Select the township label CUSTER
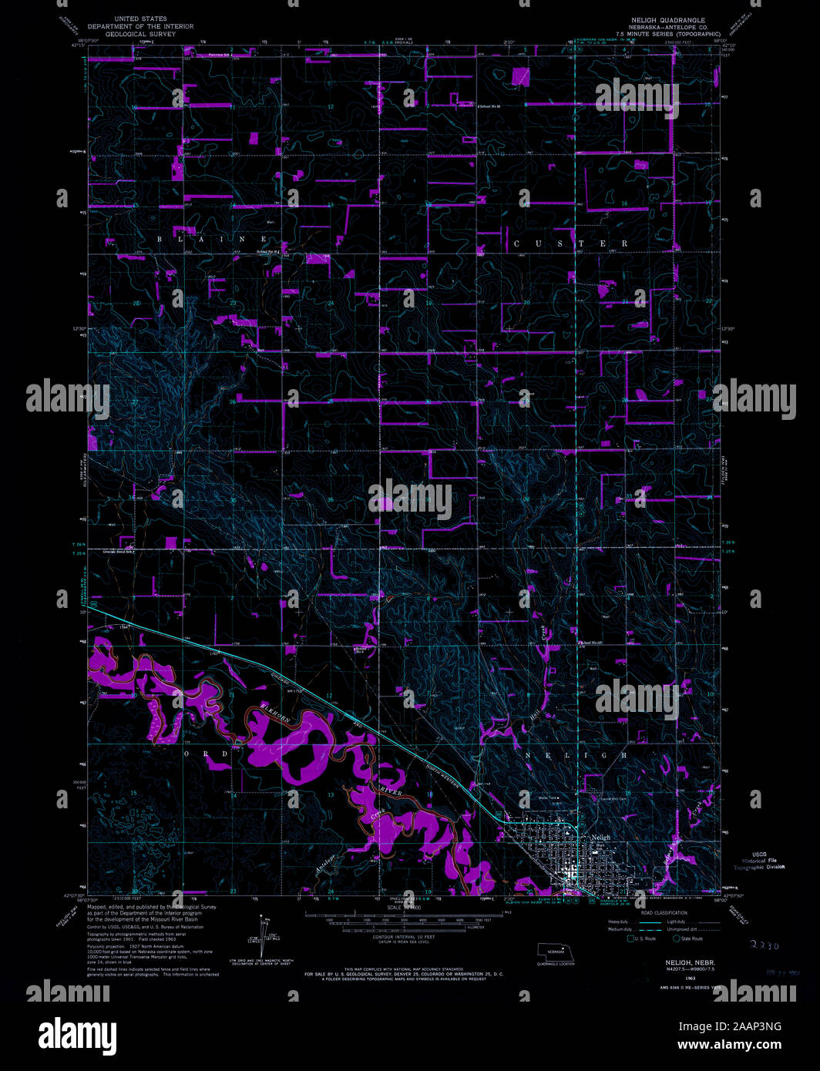click(570, 243)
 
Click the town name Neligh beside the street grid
click(600, 837)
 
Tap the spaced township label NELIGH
click(576, 756)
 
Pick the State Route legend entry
click(687, 938)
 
